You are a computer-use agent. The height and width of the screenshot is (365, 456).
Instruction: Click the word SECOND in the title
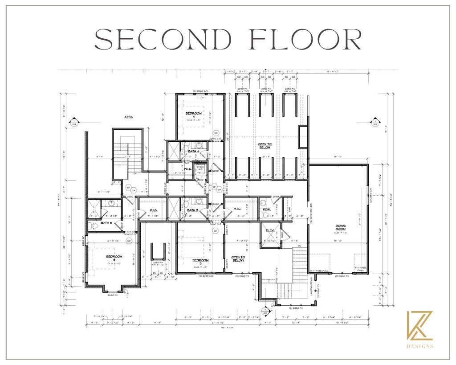coord(165,40)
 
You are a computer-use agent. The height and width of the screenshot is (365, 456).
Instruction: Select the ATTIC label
coord(129,117)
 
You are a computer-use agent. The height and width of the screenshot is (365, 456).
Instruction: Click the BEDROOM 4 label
coord(194,115)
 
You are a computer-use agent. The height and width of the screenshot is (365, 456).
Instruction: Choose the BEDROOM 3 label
coord(200,261)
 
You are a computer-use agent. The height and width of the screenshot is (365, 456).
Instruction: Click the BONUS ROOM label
coord(341,228)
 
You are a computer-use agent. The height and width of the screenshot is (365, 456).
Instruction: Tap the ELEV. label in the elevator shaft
coord(270,231)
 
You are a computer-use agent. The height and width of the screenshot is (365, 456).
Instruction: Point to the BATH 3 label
coord(192,209)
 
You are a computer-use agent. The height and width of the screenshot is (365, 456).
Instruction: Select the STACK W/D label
coord(200,168)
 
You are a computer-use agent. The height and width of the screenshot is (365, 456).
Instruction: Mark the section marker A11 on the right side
coord(375,123)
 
